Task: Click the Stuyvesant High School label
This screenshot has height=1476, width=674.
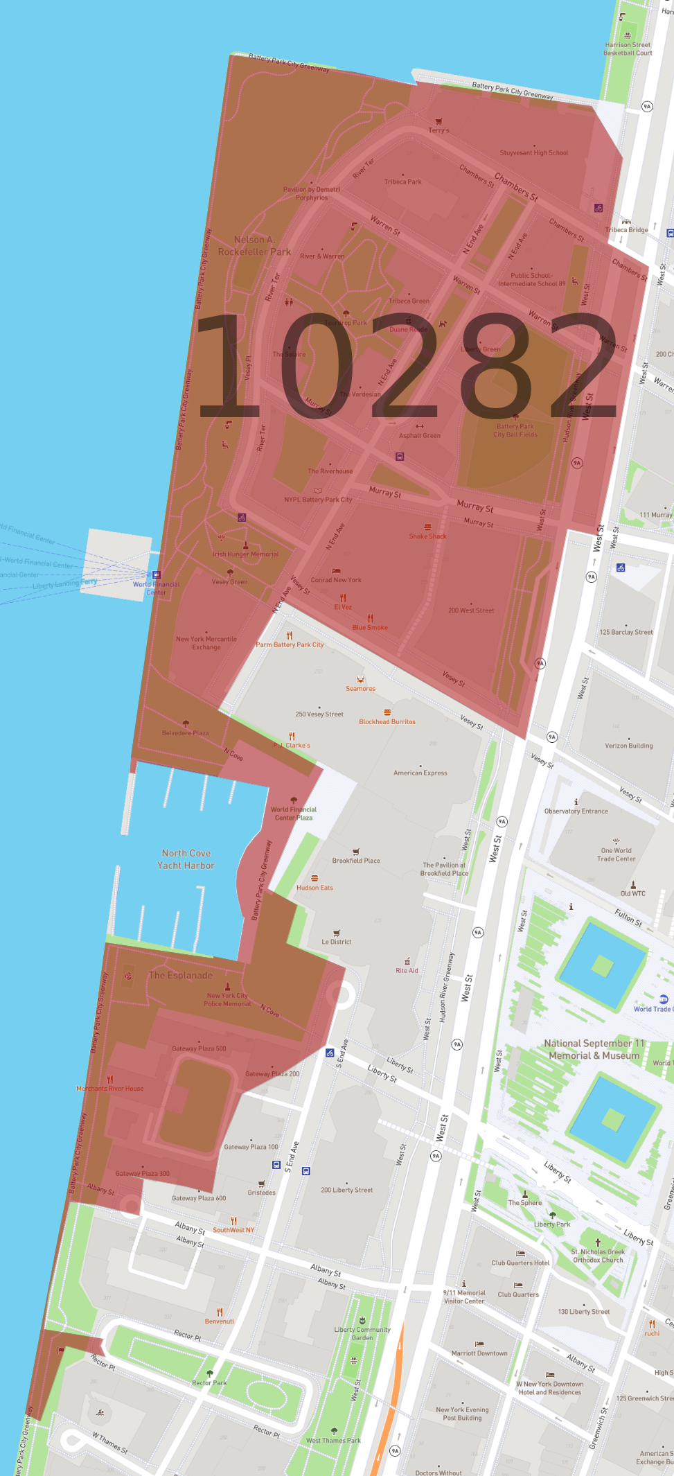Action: (x=533, y=152)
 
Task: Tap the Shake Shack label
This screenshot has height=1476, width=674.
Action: (x=427, y=536)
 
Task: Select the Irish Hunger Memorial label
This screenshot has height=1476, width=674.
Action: (x=245, y=554)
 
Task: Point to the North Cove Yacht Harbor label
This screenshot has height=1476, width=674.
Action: (x=186, y=859)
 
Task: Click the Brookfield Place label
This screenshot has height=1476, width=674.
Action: (x=356, y=861)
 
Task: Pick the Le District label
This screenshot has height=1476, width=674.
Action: (x=337, y=942)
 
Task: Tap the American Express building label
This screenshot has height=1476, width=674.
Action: (x=420, y=773)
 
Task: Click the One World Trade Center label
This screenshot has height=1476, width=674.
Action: (x=616, y=854)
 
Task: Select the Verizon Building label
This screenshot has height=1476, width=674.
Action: (x=629, y=746)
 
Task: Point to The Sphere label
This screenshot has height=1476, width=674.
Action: (x=525, y=1202)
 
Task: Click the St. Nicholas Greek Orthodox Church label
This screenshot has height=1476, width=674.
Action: (x=598, y=1256)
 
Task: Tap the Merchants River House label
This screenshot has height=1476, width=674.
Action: (x=110, y=1088)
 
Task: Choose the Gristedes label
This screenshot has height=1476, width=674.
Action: (x=261, y=1193)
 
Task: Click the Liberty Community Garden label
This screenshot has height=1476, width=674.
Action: (x=362, y=1333)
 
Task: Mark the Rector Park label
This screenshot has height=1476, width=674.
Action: (x=209, y=1382)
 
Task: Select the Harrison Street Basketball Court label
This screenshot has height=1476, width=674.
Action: (x=628, y=49)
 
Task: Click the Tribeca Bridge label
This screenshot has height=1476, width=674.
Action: (x=626, y=229)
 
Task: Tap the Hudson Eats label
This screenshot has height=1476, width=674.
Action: (x=314, y=887)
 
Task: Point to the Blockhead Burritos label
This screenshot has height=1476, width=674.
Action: (x=387, y=721)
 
